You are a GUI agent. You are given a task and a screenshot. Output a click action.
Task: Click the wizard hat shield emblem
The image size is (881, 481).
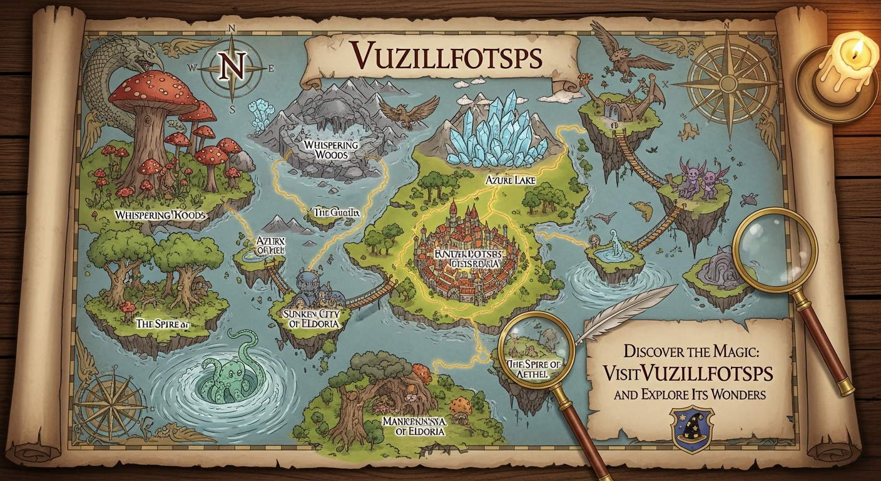coord(691,430)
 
